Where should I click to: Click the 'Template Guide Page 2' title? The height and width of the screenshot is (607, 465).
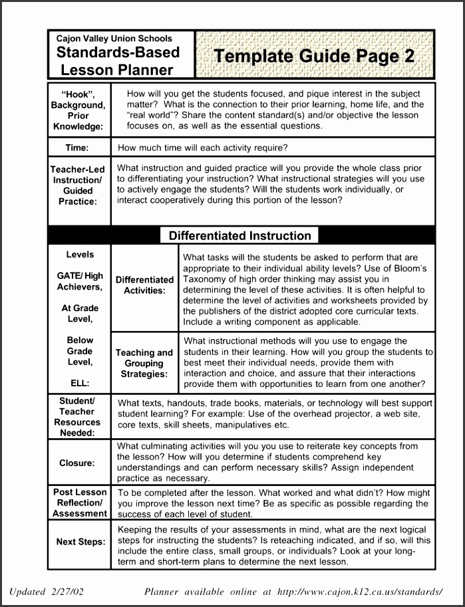pos(313,56)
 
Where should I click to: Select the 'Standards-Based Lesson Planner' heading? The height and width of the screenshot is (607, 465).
pos(118,61)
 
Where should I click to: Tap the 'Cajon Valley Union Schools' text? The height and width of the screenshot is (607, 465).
pos(114,39)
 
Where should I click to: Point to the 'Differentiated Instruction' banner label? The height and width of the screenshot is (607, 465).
pos(239,235)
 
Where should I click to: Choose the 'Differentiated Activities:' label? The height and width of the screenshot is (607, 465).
pos(144,285)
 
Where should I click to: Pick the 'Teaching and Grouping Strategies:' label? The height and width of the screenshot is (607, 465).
pos(144,363)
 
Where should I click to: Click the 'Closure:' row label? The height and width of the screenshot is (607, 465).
pos(77,463)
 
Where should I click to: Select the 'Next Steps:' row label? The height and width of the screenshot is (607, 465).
pos(80,542)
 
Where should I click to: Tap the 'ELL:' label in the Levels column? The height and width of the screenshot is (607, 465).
pos(80,383)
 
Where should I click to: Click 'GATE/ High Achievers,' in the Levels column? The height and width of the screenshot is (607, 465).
pos(80,281)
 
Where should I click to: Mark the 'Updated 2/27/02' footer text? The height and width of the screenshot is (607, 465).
pos(47,591)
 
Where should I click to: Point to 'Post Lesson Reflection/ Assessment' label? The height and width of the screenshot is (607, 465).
pos(80,503)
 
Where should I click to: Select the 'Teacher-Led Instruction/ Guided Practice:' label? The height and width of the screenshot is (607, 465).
pos(78,185)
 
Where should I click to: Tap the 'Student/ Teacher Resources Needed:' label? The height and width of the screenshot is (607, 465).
pos(78,417)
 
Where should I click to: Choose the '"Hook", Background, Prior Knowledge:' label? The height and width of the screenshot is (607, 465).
pos(78,110)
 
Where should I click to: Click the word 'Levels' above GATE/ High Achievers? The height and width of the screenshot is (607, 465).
pos(80,255)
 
